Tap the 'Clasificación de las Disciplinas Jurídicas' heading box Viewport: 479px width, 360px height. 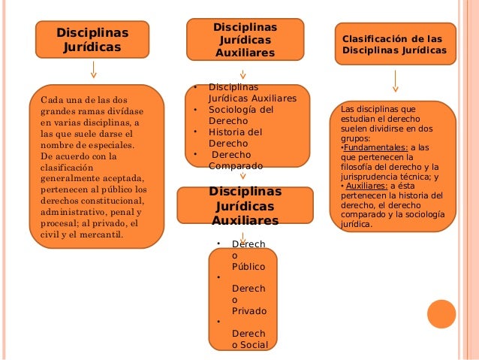(x=394, y=44)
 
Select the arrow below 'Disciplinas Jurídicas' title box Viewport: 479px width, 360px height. (x=93, y=69)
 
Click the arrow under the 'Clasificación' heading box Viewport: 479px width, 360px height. (x=395, y=80)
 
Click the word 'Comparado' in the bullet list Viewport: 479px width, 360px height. (x=236, y=165)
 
